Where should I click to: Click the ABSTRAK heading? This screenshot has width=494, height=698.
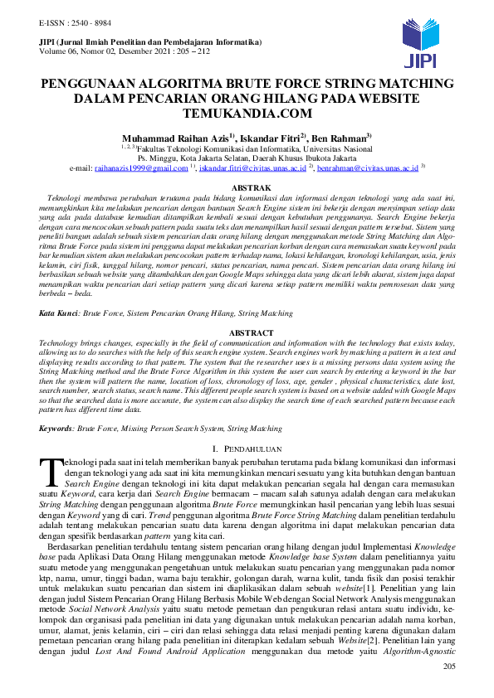tap(247, 189)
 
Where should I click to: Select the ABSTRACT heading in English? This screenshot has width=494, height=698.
tap(247, 332)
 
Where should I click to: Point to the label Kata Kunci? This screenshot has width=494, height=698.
tap(58, 314)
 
